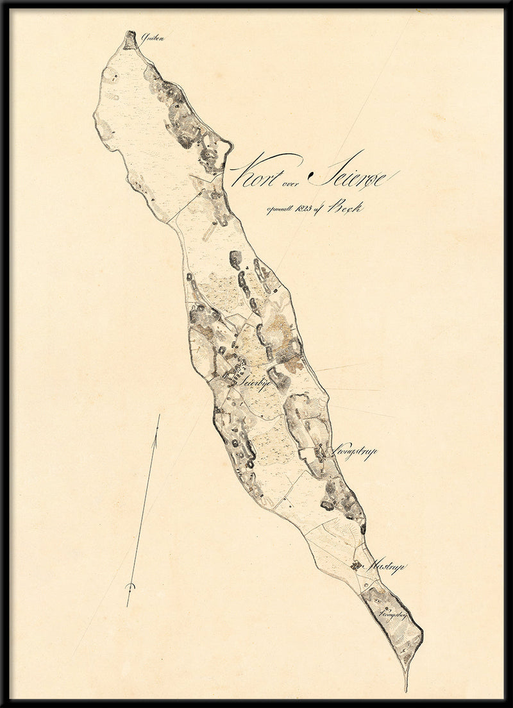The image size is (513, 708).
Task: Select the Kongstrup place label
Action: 351,452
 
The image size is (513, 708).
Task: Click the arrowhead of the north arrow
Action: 158,419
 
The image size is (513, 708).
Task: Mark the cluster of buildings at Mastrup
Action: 356,566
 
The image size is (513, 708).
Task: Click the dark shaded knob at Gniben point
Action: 131,38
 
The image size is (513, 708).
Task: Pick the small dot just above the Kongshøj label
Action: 387,606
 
